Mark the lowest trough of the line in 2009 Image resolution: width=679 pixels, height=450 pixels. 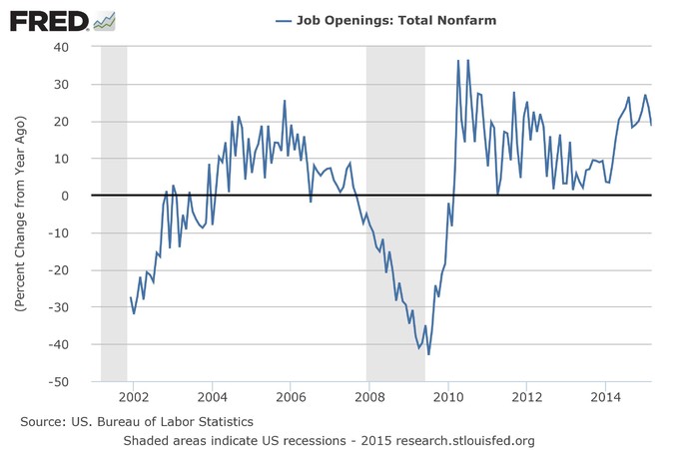[429, 354]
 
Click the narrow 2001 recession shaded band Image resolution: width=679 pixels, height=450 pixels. [114, 214]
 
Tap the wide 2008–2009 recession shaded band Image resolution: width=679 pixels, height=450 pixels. [395, 214]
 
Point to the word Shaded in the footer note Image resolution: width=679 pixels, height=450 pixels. [146, 440]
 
